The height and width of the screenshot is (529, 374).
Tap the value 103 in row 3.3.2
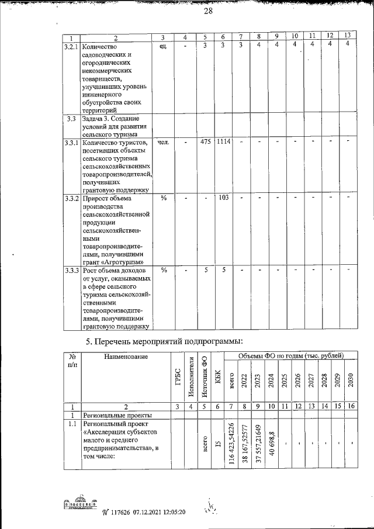pyautogui.click(x=223, y=197)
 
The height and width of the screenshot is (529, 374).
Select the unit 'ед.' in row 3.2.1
pyautogui.click(x=163, y=47)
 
